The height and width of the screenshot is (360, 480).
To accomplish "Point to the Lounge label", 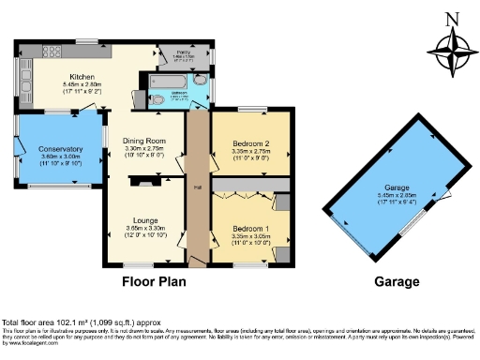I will [145, 220].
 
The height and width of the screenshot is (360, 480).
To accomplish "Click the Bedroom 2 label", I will [250, 143].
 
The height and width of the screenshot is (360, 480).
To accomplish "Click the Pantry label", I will [184, 52].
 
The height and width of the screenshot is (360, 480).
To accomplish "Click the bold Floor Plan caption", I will [155, 280].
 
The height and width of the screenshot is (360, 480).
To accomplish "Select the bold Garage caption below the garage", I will [396, 280].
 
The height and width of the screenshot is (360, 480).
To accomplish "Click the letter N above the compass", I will [451, 18].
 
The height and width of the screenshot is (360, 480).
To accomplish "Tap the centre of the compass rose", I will [451, 52].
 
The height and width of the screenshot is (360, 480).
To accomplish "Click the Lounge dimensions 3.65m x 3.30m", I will [145, 228].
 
